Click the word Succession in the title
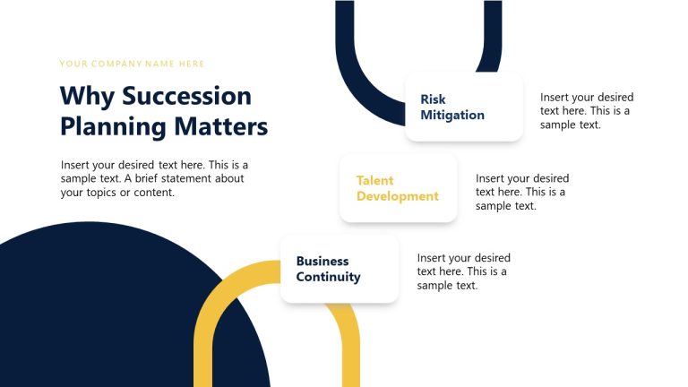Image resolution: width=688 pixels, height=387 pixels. (x=186, y=96)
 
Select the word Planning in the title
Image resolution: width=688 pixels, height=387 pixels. (x=114, y=126)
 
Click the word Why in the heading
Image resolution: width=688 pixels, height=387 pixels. (x=87, y=96)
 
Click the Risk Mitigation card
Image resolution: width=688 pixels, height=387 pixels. (x=463, y=107)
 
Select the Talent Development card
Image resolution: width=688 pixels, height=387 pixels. (x=398, y=188)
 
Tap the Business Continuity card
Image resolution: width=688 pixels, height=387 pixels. (x=339, y=269)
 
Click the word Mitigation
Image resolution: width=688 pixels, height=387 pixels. (x=452, y=116)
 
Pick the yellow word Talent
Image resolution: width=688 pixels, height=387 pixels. (x=375, y=180)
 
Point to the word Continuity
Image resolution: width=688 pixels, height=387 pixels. (x=329, y=277)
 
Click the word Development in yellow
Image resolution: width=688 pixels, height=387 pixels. (x=398, y=196)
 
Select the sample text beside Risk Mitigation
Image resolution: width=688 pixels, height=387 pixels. (x=586, y=111)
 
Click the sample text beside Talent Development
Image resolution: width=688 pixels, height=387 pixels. (x=521, y=192)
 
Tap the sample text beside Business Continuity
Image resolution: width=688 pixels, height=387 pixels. (x=463, y=271)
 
